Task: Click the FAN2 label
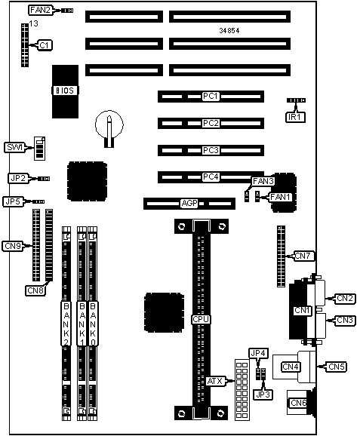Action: [40, 11]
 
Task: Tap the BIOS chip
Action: [65, 91]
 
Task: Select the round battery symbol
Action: [109, 126]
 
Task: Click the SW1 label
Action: [14, 147]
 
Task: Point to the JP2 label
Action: [18, 178]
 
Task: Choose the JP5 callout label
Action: [13, 201]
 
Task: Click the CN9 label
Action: [13, 246]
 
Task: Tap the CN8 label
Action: [35, 290]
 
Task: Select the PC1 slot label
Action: [211, 97]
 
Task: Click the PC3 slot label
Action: [211, 150]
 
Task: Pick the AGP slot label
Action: [189, 203]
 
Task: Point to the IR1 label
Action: [295, 117]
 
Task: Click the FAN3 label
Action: [263, 181]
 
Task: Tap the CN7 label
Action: [304, 256]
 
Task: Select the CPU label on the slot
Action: [201, 319]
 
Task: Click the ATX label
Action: [215, 381]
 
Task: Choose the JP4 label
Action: [258, 353]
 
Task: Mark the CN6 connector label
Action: [299, 403]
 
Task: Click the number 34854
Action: [229, 31]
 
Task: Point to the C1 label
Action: [45, 45]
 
